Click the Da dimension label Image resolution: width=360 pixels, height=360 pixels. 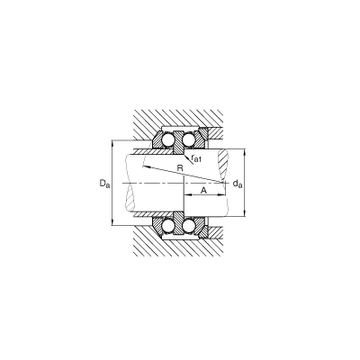pyautogui.click(x=104, y=184)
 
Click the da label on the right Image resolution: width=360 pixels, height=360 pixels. pyautogui.click(x=238, y=184)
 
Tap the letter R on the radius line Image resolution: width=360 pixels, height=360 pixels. pyautogui.click(x=180, y=168)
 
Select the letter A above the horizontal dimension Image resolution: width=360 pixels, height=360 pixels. pyautogui.click(x=203, y=190)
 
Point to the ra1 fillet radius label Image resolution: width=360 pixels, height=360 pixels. pyautogui.click(x=195, y=158)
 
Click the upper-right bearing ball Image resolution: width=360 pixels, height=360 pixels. pyautogui.click(x=189, y=139)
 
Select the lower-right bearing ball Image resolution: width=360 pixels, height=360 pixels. pyautogui.click(x=189, y=226)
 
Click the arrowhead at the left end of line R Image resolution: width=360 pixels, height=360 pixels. pyautogui.click(x=145, y=166)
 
